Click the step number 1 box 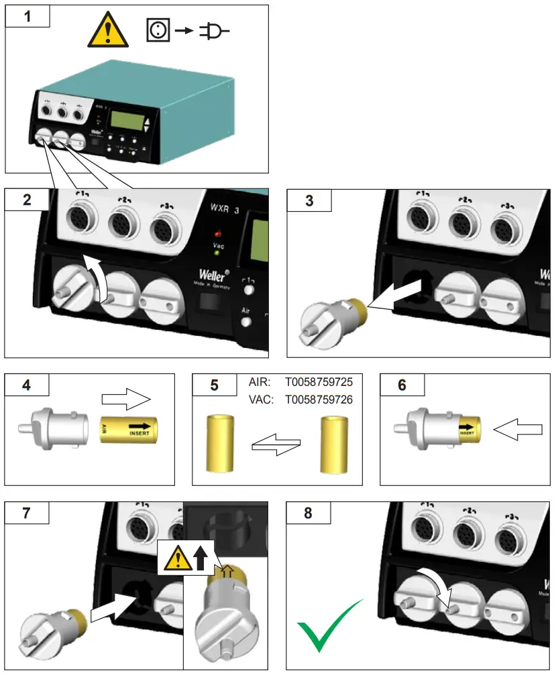coord(27,16)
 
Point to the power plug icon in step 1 coord(214,30)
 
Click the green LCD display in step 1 coord(129,121)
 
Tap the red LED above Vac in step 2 coord(217,235)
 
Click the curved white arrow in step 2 coord(96,275)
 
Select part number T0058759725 coord(319,381)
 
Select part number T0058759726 coord(319,399)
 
